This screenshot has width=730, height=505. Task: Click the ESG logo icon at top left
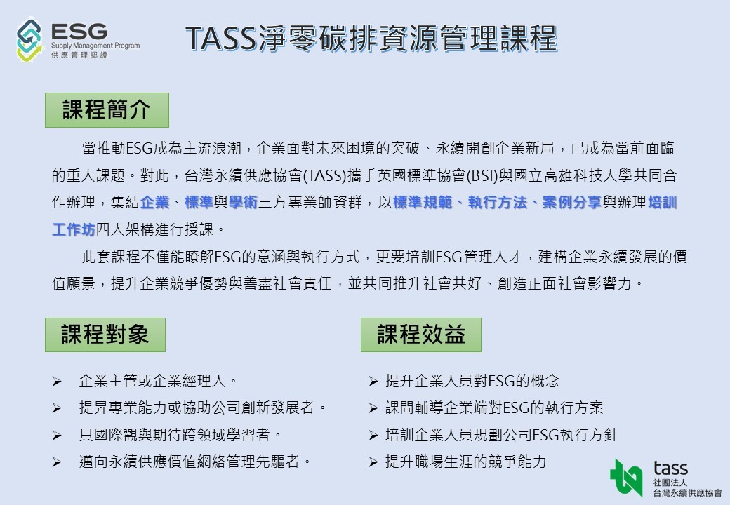click(x=29, y=40)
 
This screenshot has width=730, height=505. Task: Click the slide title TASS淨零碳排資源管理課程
click(x=371, y=38)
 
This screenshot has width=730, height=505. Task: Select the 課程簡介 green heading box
click(x=107, y=110)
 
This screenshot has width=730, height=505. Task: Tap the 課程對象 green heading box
click(x=105, y=335)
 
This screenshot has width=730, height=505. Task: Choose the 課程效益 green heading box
click(x=421, y=335)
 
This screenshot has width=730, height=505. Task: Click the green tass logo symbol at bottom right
click(x=627, y=477)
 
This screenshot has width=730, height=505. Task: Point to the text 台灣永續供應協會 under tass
click(x=687, y=492)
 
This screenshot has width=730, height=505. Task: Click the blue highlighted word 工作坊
click(x=74, y=229)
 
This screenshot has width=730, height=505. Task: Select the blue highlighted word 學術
click(x=243, y=202)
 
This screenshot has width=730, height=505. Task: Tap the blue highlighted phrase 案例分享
click(x=571, y=202)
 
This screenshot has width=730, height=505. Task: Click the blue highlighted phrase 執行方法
click(x=498, y=202)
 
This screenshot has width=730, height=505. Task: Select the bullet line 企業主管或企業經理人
click(x=158, y=381)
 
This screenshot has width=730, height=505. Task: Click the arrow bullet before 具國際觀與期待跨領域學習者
click(x=57, y=436)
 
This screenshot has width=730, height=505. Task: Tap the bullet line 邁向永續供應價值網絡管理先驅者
click(x=194, y=462)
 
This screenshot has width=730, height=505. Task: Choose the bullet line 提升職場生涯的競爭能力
click(x=465, y=462)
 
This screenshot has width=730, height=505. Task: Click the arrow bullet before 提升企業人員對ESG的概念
click(x=373, y=382)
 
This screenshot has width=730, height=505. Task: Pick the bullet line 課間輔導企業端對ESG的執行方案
click(x=494, y=408)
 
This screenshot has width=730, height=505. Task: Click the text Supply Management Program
click(x=95, y=46)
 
